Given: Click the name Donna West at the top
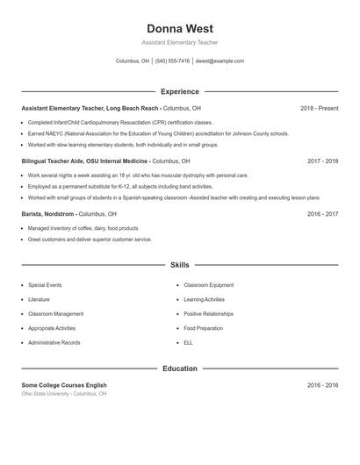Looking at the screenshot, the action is (x=179, y=28).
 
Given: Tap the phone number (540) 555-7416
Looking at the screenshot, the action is (x=173, y=61).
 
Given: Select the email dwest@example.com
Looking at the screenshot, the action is (x=220, y=61).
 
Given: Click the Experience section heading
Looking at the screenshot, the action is (x=179, y=91).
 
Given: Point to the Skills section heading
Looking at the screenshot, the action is (x=179, y=264).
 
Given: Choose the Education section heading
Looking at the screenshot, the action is (x=179, y=368).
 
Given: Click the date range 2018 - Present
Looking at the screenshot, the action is (x=319, y=108).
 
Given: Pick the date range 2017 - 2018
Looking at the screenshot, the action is (x=322, y=161).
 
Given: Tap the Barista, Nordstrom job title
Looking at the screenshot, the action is (x=48, y=214).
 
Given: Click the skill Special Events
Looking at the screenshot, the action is (x=45, y=285).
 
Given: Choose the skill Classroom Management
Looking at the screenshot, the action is (x=55, y=313).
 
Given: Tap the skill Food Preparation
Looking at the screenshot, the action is (x=203, y=328).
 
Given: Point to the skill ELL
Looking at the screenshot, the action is (x=188, y=342).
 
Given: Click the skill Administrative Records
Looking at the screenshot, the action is (x=54, y=342).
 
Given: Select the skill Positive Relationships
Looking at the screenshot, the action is (x=208, y=313).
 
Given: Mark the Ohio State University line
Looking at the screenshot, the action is (x=64, y=394).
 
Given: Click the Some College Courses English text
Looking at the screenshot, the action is (x=64, y=385).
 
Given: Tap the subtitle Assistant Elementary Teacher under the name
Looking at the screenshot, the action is (x=179, y=42).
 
